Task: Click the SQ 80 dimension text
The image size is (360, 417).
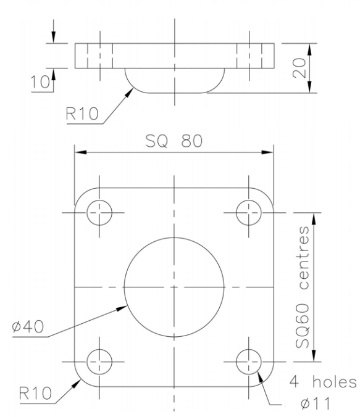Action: pos(173,141)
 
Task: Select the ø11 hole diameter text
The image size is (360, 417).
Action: pos(315,405)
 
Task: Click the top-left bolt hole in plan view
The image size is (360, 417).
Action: pos(100,213)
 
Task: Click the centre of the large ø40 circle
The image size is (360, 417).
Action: pos(174,287)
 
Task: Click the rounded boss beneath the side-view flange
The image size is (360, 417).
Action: pos(174,80)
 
